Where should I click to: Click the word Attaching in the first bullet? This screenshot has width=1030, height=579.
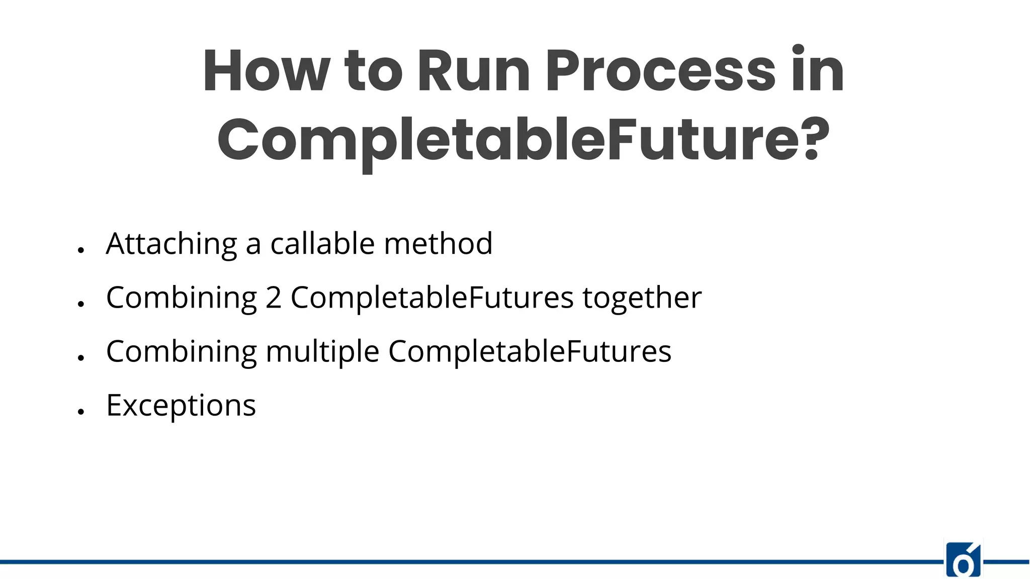tap(171, 244)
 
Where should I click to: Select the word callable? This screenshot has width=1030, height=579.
tap(322, 244)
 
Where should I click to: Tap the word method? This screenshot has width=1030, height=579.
tap(438, 244)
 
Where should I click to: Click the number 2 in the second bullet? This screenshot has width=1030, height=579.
tap(273, 298)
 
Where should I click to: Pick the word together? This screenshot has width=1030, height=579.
tap(642, 298)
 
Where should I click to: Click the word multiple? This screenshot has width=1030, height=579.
tap(322, 351)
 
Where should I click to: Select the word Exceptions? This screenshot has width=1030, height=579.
tap(181, 405)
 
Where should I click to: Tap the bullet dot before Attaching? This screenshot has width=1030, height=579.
tap(80, 250)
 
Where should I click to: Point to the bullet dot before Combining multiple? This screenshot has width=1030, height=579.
tap(80, 357)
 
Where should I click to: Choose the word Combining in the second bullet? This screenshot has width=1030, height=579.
tap(182, 298)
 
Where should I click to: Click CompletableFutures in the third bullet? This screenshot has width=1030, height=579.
tap(530, 351)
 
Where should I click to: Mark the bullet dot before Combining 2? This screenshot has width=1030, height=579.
tap(80, 304)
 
